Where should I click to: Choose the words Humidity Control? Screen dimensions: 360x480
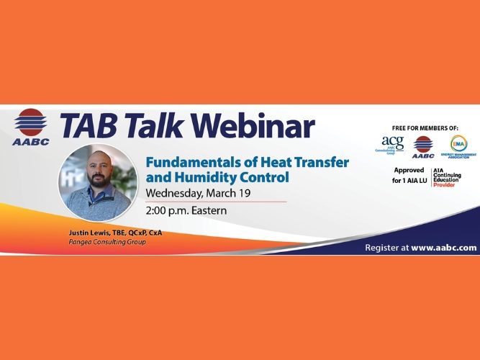(230, 176)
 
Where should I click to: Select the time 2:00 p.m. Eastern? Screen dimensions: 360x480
(186, 211)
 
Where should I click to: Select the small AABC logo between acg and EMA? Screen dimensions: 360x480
(423, 146)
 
